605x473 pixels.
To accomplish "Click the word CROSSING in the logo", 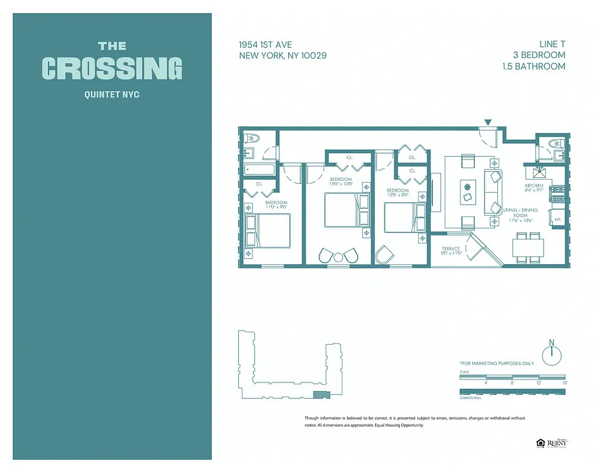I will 112,68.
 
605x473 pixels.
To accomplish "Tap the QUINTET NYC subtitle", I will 112,94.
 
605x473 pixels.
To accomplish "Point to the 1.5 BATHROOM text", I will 533,66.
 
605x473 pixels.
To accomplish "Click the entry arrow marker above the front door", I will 487,122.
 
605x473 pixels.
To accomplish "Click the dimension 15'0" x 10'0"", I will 341,183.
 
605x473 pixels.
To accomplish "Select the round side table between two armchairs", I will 338,257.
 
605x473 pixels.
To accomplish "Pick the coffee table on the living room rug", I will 468,191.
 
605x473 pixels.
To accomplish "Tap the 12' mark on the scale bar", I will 538,383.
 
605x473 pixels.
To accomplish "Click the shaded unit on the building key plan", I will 320,394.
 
